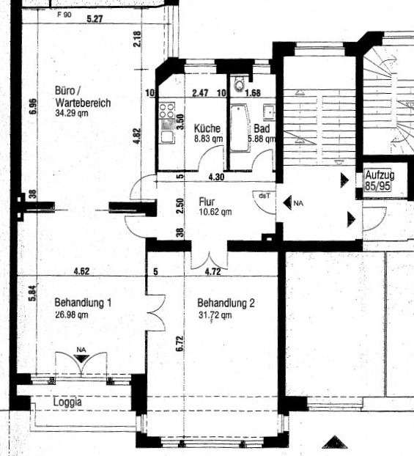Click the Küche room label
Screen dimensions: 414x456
click(x=207, y=128)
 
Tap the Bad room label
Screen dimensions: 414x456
click(x=262, y=128)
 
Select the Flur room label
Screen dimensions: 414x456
click(x=207, y=202)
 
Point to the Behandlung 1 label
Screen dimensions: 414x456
click(x=83, y=303)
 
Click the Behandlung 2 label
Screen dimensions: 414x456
click(x=226, y=303)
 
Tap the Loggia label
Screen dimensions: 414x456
click(x=67, y=402)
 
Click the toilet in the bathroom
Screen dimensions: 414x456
click(x=240, y=84)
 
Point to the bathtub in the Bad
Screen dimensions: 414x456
click(x=240, y=128)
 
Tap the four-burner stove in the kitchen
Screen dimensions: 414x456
click(x=166, y=111)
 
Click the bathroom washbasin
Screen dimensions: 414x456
click(x=269, y=112)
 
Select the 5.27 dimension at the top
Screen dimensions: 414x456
click(x=95, y=19)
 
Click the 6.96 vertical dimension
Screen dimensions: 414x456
click(x=34, y=106)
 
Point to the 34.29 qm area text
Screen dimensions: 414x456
click(x=72, y=113)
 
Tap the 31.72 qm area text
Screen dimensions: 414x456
click(x=215, y=315)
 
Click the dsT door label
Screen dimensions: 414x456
click(x=265, y=196)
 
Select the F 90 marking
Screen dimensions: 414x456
click(x=64, y=15)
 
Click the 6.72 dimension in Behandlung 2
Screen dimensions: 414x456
click(x=180, y=344)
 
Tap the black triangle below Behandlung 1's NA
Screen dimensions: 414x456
click(x=81, y=359)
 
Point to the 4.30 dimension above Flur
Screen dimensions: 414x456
click(x=216, y=177)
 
